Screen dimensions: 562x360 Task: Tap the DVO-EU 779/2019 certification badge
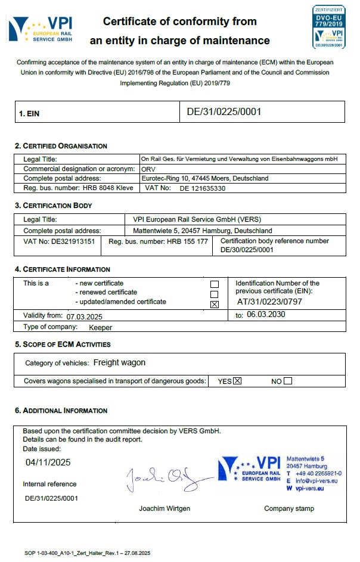[x=328, y=27]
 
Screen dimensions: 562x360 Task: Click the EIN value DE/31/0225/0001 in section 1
[x=224, y=111]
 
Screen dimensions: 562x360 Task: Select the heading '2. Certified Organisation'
[x=61, y=146]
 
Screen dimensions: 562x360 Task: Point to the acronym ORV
[x=147, y=169]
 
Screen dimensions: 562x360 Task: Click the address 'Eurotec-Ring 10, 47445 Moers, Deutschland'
[x=204, y=178]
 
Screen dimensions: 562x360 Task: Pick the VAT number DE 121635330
[x=202, y=188]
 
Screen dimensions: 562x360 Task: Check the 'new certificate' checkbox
[x=215, y=284]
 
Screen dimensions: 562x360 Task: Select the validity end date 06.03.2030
[x=266, y=315]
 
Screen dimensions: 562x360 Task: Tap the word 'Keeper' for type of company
[x=100, y=327]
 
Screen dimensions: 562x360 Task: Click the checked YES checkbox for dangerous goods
[x=237, y=381]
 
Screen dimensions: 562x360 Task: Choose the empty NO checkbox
[x=288, y=381]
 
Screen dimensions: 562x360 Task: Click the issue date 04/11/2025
[x=48, y=462]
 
